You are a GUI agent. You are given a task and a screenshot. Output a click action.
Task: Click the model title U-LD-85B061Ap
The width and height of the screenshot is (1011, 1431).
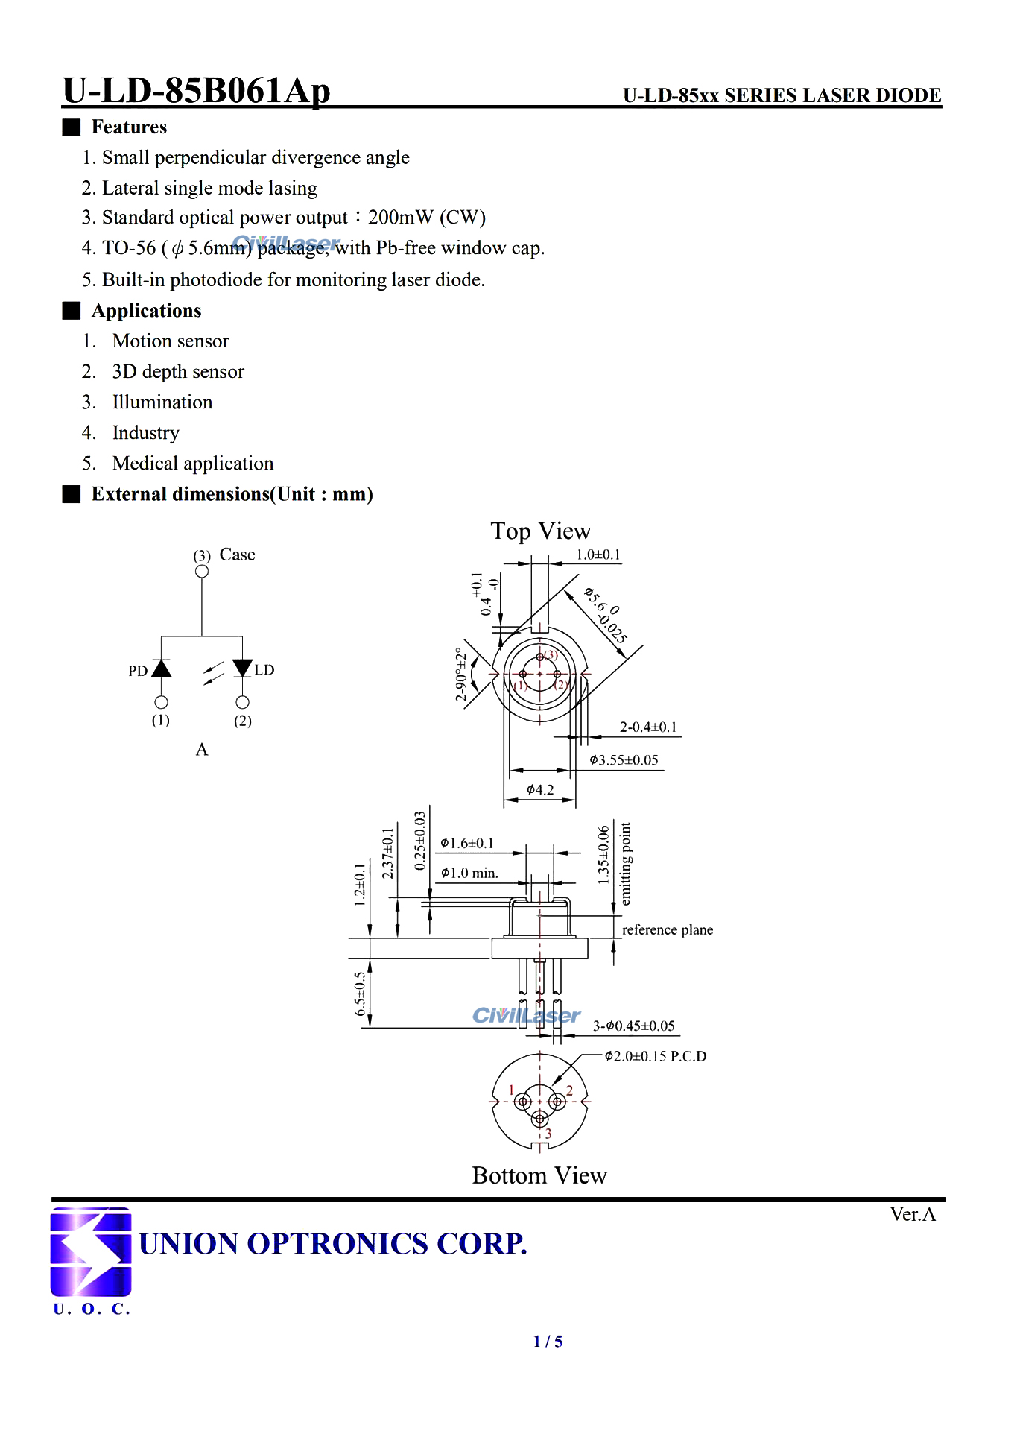pos(196,91)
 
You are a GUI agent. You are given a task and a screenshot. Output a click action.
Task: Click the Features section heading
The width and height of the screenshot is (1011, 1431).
pos(129,127)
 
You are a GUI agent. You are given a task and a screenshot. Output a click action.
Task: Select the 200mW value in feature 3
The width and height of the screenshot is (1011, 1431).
pos(401,218)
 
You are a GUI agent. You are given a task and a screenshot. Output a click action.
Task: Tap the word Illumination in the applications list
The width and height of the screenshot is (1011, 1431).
pos(162,402)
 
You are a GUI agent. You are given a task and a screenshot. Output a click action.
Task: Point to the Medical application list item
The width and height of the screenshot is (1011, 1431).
pos(193,464)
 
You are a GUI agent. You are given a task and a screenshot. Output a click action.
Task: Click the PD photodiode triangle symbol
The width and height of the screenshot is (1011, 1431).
pos(161,669)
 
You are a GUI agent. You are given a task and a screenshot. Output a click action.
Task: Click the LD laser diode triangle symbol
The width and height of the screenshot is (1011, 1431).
pos(242,668)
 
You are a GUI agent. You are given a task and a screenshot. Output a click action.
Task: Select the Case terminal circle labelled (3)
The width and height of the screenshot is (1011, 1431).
pos(202,572)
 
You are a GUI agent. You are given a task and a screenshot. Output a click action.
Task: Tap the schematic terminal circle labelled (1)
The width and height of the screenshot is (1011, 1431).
pos(161,702)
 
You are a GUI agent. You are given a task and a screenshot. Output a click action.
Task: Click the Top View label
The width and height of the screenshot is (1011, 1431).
pos(540,531)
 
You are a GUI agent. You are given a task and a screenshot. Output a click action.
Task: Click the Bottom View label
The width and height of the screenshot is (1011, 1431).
pos(539,1175)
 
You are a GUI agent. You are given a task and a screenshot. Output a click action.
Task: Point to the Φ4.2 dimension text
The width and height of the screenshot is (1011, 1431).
pos(540,790)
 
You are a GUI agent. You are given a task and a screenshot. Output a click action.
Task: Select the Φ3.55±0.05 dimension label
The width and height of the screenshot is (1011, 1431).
pos(624,760)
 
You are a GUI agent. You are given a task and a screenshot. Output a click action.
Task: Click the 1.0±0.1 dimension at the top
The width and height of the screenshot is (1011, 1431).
pos(598,555)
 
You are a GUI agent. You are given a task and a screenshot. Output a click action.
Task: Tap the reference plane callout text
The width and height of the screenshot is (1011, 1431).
pos(668,930)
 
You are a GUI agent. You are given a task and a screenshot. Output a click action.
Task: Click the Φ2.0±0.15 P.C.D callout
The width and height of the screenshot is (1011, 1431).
pos(656,1056)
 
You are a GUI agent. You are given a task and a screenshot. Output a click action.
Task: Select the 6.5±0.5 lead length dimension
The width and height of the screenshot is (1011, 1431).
pos(361,994)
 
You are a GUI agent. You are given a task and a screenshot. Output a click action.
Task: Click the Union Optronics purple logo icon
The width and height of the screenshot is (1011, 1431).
pos(91,1251)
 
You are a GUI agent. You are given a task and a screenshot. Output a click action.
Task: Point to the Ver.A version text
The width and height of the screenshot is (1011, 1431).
pos(913,1215)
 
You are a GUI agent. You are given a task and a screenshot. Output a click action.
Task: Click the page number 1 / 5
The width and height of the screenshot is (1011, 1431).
pos(548,1342)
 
